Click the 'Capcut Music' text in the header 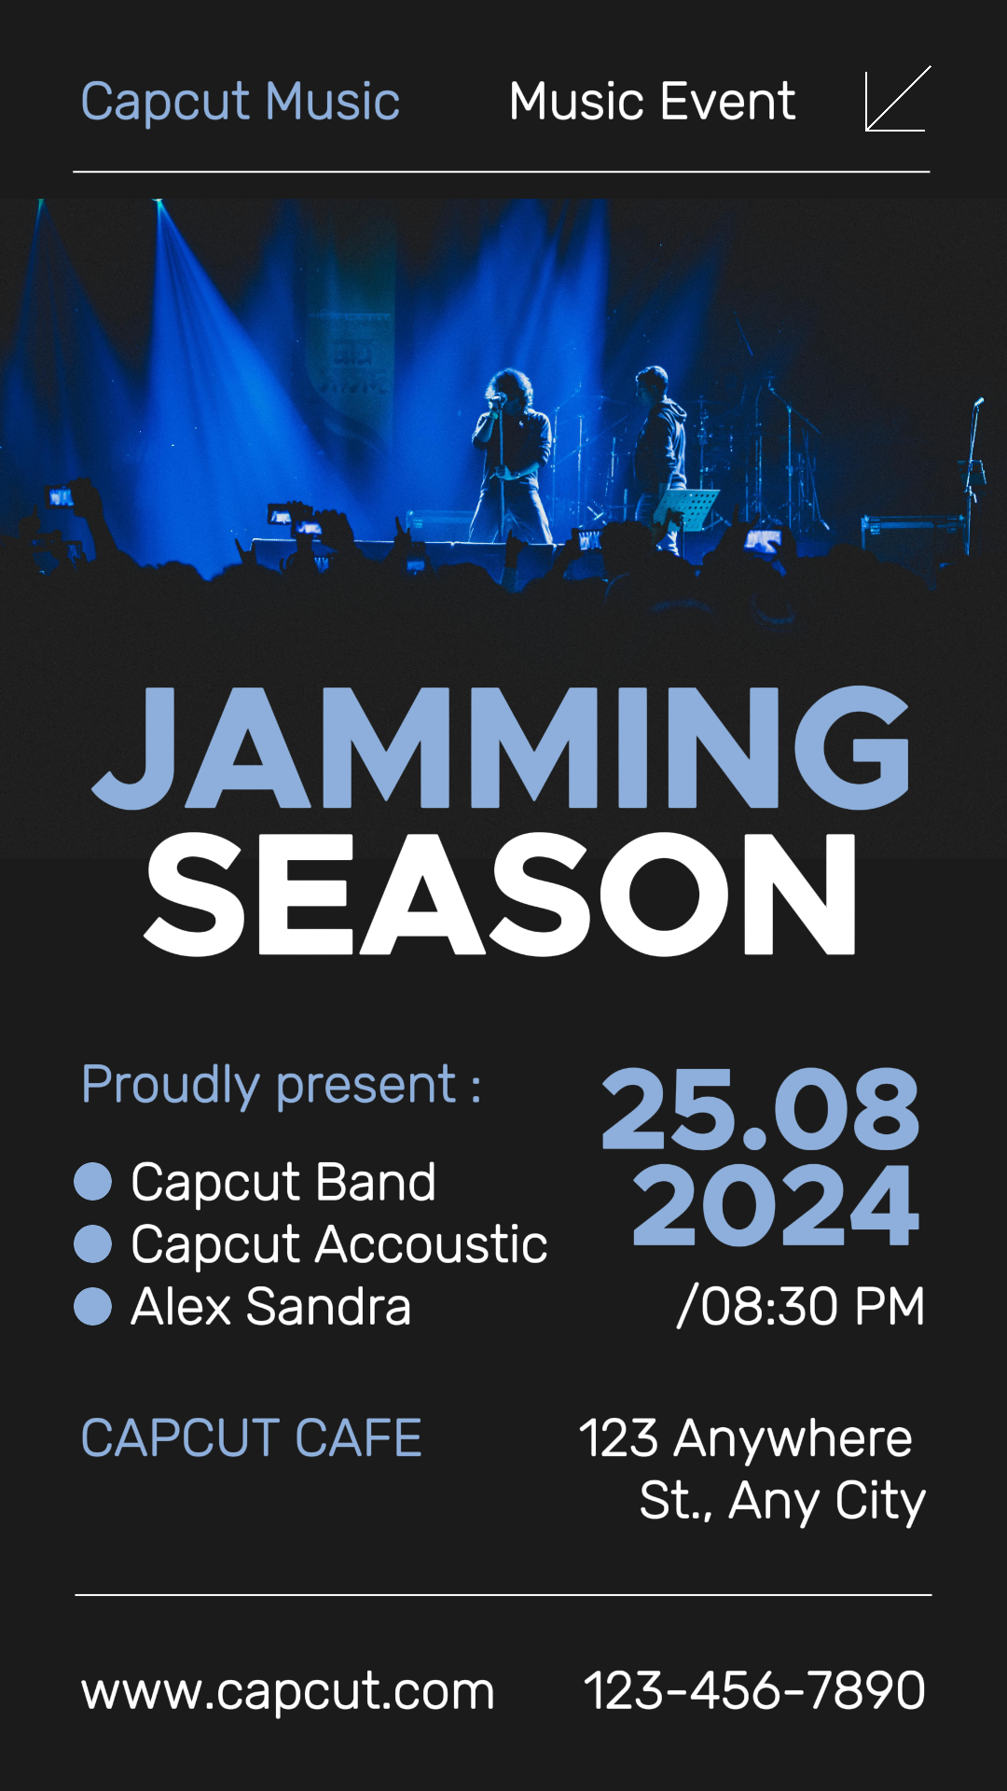[x=240, y=102]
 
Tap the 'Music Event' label [x=652, y=102]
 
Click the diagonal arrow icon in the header [x=897, y=100]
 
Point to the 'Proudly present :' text [x=281, y=1085]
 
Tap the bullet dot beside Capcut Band [x=93, y=1182]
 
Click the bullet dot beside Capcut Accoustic [x=93, y=1244]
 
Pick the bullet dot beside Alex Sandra [x=93, y=1306]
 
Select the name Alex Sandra [x=270, y=1306]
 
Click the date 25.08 [x=760, y=1110]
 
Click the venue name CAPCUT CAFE [x=251, y=1437]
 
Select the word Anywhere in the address [x=793, y=1438]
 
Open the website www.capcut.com [x=287, y=1690]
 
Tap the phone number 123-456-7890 [x=753, y=1690]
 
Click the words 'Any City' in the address [x=827, y=1501]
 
